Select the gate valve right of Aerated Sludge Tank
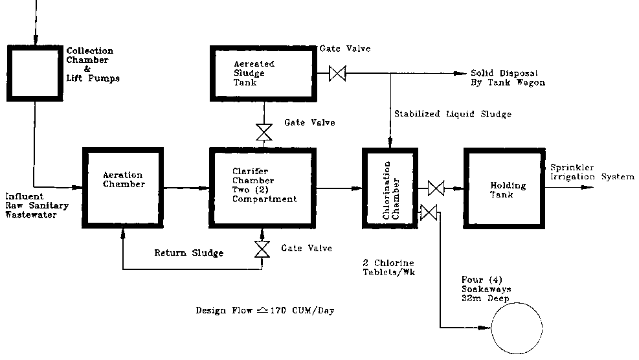(337, 73)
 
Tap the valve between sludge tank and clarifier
(264, 132)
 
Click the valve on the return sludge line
(262, 249)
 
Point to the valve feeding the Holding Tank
(436, 188)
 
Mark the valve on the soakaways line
(429, 212)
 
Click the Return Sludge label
(188, 253)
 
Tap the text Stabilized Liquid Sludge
(453, 114)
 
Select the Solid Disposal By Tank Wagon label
(508, 78)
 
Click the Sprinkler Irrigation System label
(592, 172)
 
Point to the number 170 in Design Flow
(278, 311)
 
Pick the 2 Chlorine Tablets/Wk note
(389, 267)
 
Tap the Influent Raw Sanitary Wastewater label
(37, 205)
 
